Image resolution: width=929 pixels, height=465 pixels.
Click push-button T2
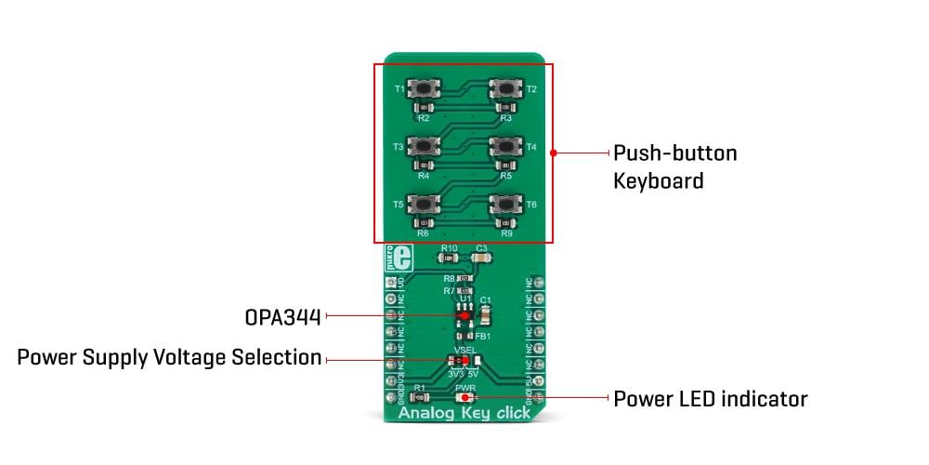point(504,89)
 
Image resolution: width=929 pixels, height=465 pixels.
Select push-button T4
point(504,146)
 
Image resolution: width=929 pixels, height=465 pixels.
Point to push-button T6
point(504,204)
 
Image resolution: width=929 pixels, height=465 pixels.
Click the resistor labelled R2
point(424,109)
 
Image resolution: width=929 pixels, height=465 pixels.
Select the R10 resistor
point(450,259)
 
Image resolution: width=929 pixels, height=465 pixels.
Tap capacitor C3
point(480,259)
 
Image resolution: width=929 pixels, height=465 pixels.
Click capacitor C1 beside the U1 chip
point(483,313)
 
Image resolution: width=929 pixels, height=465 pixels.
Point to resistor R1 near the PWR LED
point(420,397)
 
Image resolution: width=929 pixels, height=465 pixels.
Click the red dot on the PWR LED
point(464,398)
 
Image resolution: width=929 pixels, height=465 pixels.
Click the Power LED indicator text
point(710,399)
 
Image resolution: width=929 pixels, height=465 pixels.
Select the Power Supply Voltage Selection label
point(169,358)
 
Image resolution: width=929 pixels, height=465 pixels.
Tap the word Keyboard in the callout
point(658,180)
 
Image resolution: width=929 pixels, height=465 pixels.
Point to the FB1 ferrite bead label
point(483,336)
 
